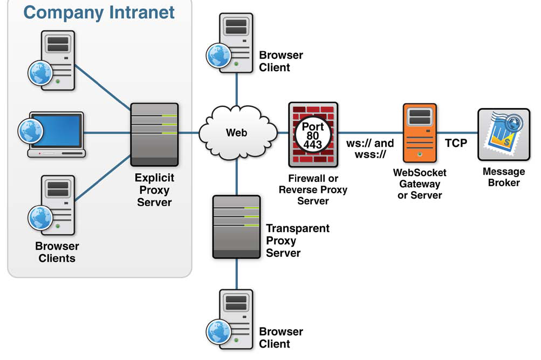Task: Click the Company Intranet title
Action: coord(99,12)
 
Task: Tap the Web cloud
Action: coord(236,132)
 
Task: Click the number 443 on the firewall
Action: coord(313,144)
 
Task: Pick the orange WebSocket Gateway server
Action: coord(420,133)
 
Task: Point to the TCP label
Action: coord(456,143)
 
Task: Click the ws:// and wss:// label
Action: coord(370,150)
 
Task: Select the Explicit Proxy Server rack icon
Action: coord(155,134)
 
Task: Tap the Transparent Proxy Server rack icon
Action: coord(236,226)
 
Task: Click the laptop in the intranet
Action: coord(57,135)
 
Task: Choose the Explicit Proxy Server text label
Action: coord(155,190)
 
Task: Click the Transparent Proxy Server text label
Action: coord(297,240)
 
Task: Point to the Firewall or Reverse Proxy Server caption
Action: coord(313,189)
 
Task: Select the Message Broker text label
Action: coord(504,177)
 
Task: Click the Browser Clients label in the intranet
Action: coord(57,252)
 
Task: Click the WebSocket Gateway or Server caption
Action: coord(420,184)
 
